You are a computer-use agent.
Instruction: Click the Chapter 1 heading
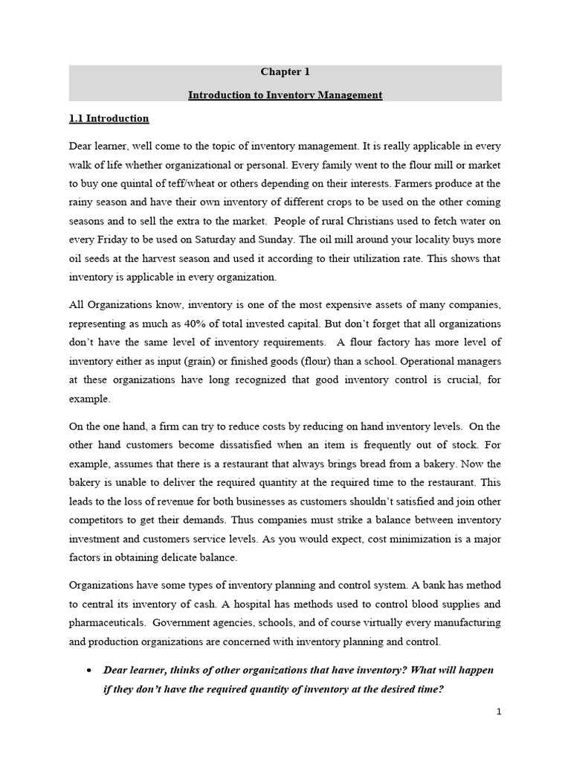(x=285, y=72)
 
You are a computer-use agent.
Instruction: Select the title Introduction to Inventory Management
(x=285, y=95)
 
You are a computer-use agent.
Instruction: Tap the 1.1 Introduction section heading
(x=109, y=118)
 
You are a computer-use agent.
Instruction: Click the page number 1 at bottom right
(x=499, y=712)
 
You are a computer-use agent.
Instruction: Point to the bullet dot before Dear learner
(x=88, y=670)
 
